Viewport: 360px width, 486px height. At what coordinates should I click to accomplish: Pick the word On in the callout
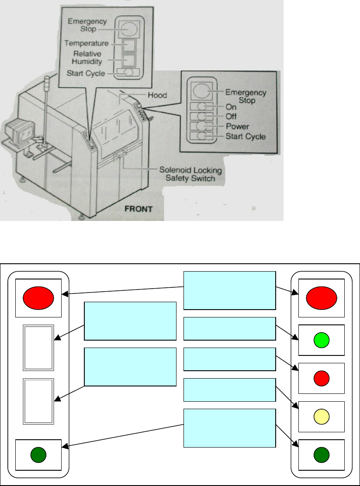point(230,107)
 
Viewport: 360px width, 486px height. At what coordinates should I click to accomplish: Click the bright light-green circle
point(321,340)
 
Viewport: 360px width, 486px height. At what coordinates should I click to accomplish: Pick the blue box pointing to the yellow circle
point(230,389)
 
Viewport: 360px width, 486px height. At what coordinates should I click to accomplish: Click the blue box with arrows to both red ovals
point(230,290)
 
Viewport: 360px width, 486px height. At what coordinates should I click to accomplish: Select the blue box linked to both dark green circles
point(230,428)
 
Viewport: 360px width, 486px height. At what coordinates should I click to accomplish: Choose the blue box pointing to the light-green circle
point(230,328)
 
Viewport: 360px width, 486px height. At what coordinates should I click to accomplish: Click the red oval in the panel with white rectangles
point(39,297)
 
